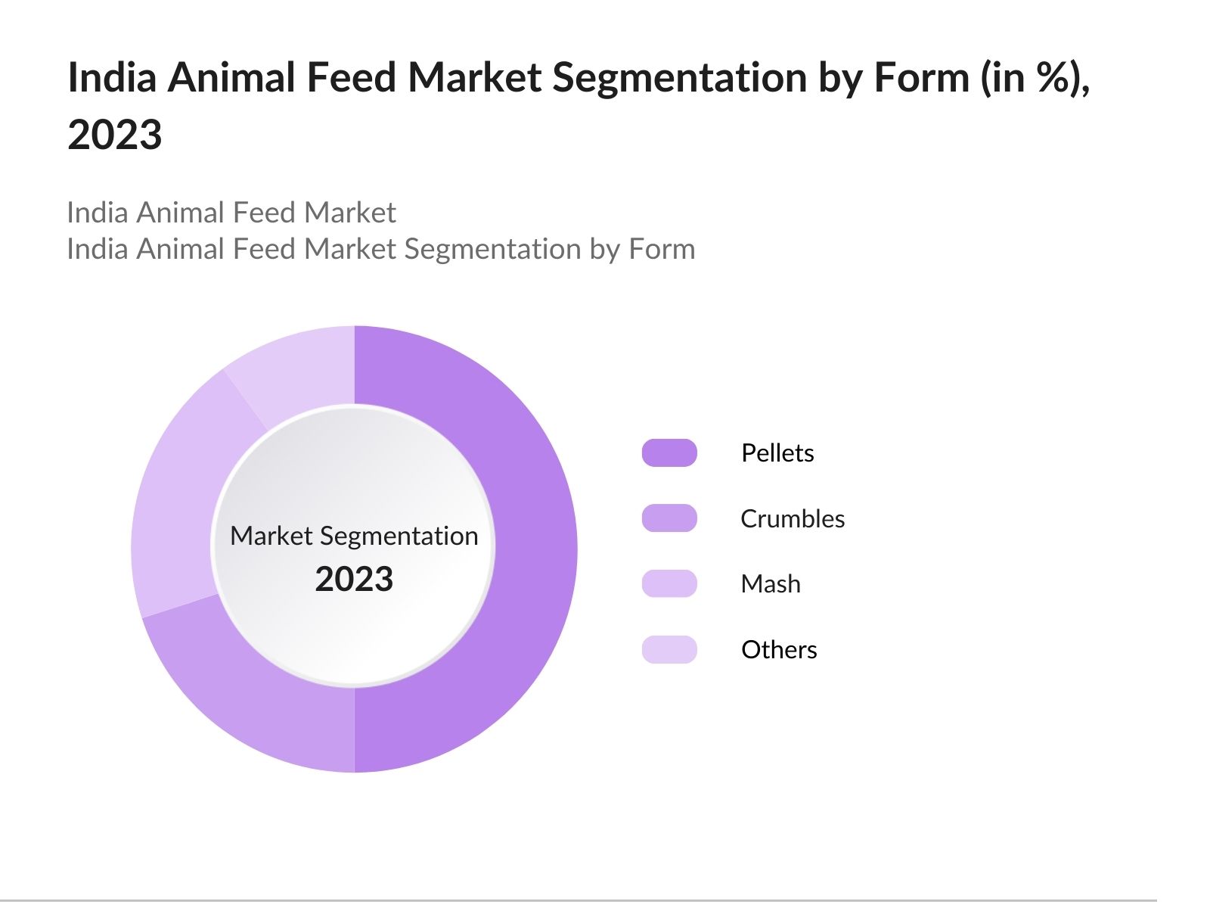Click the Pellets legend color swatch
tap(669, 452)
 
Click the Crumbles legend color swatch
tap(669, 518)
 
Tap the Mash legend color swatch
tap(669, 583)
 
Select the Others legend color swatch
tap(669, 649)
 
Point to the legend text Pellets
tap(777, 452)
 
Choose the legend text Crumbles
tap(793, 518)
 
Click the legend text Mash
tap(771, 583)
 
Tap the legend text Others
tap(779, 649)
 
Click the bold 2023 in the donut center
tap(354, 579)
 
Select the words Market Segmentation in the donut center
tap(354, 536)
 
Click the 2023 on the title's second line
tap(115, 135)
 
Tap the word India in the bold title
tap(112, 77)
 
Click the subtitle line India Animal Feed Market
tap(231, 213)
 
